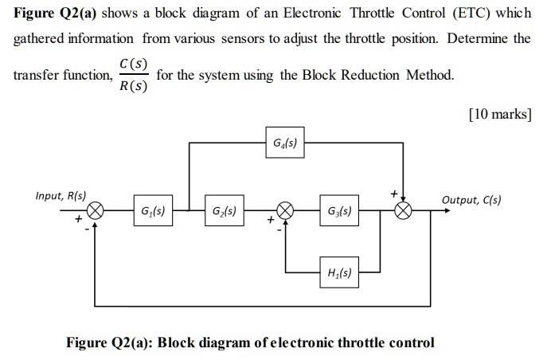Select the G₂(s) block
coord(223,212)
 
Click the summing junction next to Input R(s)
coord(96,212)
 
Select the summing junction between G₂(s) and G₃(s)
coord(285,212)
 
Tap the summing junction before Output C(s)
coord(404,212)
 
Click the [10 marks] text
coord(499,114)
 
